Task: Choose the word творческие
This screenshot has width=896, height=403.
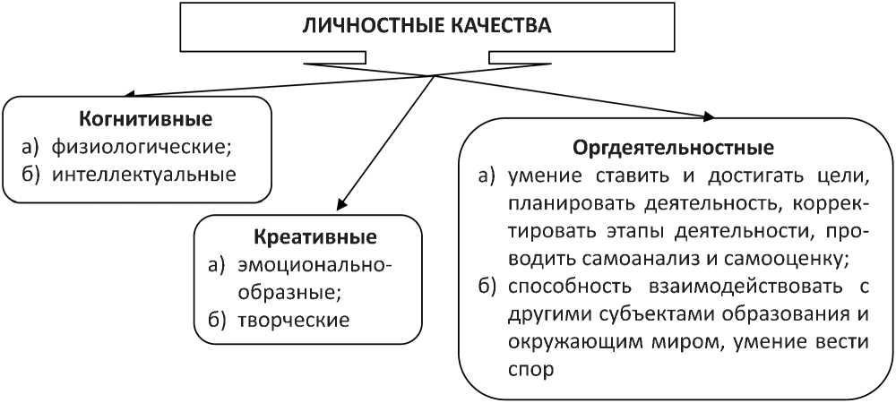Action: tap(294, 319)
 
